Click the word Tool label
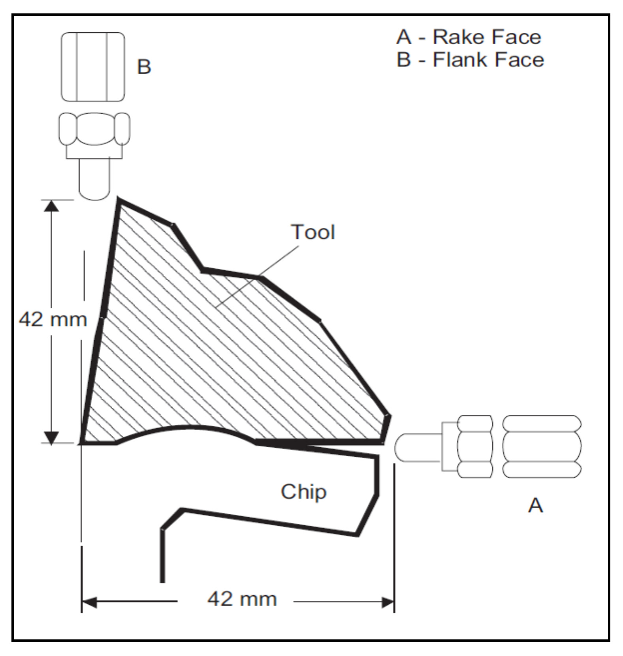(313, 232)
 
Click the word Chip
(304, 492)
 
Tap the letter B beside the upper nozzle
(144, 67)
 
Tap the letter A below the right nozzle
(535, 505)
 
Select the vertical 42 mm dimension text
(53, 319)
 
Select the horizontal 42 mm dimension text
(242, 599)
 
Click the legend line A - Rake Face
(469, 37)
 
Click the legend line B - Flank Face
(470, 60)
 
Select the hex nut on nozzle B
(94, 129)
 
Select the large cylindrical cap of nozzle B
(93, 67)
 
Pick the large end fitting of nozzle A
(542, 446)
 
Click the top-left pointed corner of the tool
(119, 201)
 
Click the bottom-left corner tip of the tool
(82, 443)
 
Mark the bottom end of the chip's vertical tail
(162, 581)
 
